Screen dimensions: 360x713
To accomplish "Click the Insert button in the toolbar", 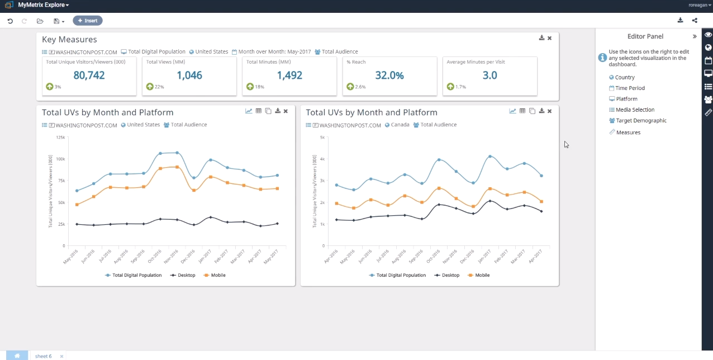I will click(88, 21).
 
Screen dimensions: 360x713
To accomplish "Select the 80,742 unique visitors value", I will click(89, 75).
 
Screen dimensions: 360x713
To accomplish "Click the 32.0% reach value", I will click(389, 75).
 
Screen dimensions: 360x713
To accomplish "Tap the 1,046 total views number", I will click(189, 75).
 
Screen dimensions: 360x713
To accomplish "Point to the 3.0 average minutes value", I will click(489, 75).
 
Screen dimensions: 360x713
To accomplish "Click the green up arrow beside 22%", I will click(150, 87).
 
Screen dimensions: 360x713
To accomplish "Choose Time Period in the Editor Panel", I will click(630, 88).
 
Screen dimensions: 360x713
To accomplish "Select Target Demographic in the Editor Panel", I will click(641, 121).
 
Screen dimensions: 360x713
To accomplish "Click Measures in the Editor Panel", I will click(628, 132).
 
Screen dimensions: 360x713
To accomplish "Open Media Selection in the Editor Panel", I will click(635, 110).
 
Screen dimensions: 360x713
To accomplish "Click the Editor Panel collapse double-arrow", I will click(695, 36).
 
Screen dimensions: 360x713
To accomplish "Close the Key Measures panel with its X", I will click(549, 38).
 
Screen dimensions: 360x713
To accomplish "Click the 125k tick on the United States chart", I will click(60, 137).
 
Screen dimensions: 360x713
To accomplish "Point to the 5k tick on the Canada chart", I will click(322, 137).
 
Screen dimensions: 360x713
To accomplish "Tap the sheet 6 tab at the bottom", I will click(43, 356).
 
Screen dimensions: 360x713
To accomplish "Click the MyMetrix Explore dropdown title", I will click(44, 5).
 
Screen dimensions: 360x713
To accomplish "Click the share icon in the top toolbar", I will click(695, 21).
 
